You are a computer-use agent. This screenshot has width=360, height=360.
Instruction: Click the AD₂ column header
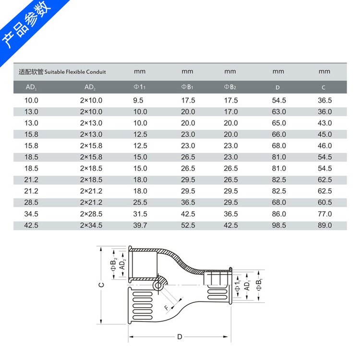(90, 87)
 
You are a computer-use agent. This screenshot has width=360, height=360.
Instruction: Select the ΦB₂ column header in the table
(230, 87)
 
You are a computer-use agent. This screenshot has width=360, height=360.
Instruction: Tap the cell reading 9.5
(138, 100)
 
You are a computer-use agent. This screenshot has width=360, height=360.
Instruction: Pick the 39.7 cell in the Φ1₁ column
(140, 225)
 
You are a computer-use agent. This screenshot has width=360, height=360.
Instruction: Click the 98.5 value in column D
(279, 225)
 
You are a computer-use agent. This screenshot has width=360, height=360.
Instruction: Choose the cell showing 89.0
(324, 225)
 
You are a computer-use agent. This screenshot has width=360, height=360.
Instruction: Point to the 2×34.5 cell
(91, 225)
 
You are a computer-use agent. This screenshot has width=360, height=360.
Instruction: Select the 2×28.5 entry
(91, 214)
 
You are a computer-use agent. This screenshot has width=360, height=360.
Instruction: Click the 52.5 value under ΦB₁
(188, 225)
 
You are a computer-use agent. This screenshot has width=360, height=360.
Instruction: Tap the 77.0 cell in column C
(324, 214)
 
